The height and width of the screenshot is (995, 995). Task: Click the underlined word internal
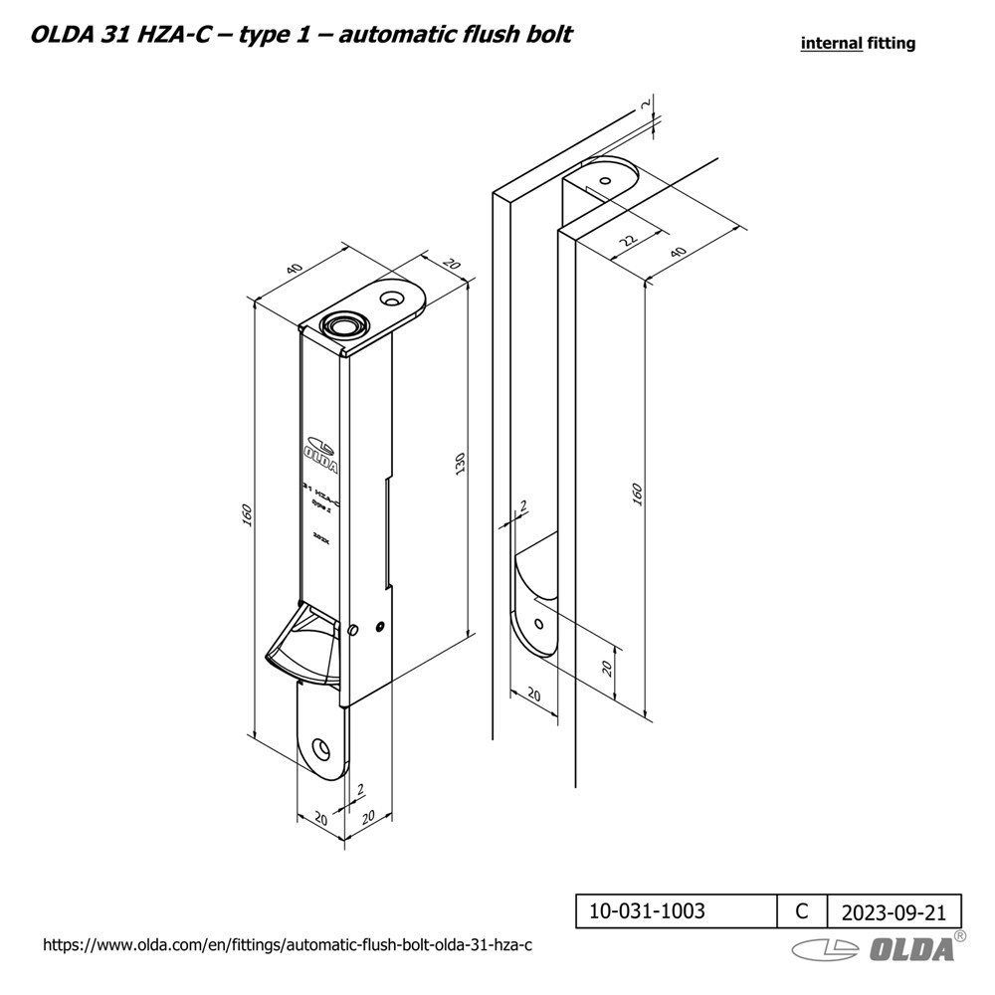coord(830,44)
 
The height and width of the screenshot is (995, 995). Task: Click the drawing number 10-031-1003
coord(648,909)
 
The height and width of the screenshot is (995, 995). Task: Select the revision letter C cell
coord(802,909)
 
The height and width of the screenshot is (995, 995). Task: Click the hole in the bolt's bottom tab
coord(320,747)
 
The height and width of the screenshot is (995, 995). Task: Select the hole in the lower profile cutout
coord(538,622)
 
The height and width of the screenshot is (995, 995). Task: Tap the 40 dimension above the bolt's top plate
coord(294,269)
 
